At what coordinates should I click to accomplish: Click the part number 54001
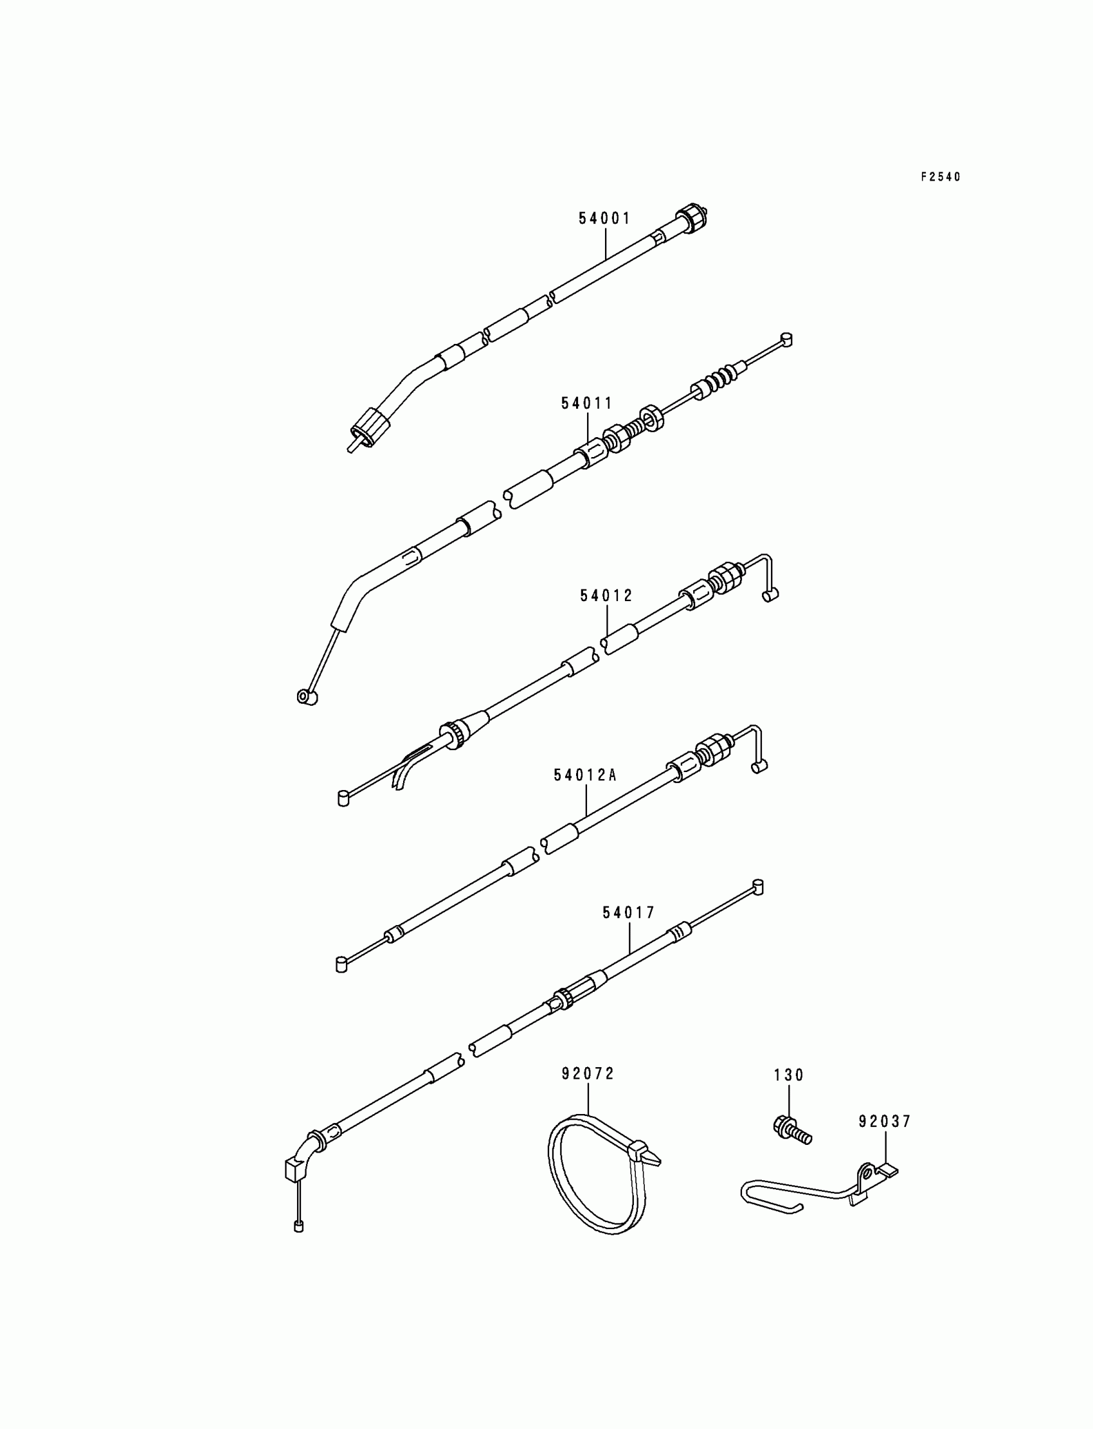point(604,219)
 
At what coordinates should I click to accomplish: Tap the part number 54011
point(587,403)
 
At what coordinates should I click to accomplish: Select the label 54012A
point(585,775)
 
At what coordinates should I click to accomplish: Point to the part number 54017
point(629,913)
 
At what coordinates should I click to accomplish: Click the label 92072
point(588,1075)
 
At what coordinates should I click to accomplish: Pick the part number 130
point(788,1076)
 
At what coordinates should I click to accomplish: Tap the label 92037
point(885,1122)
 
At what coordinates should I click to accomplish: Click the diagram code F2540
point(940,177)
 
